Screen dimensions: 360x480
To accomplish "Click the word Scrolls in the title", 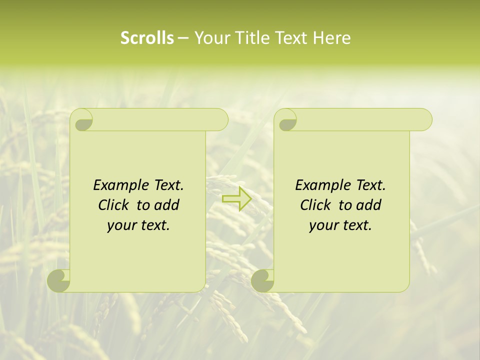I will tap(147, 38).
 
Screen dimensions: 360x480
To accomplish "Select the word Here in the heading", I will tap(332, 38).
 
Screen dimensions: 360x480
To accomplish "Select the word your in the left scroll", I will tap(120, 225).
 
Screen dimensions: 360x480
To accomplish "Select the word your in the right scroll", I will tap(322, 225).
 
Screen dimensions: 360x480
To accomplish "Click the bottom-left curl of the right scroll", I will tap(262, 281).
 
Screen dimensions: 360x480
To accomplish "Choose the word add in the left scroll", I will tap(166, 205).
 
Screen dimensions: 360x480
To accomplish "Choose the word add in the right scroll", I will tap(368, 205).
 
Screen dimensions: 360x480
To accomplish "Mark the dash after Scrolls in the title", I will tap(183, 38).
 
